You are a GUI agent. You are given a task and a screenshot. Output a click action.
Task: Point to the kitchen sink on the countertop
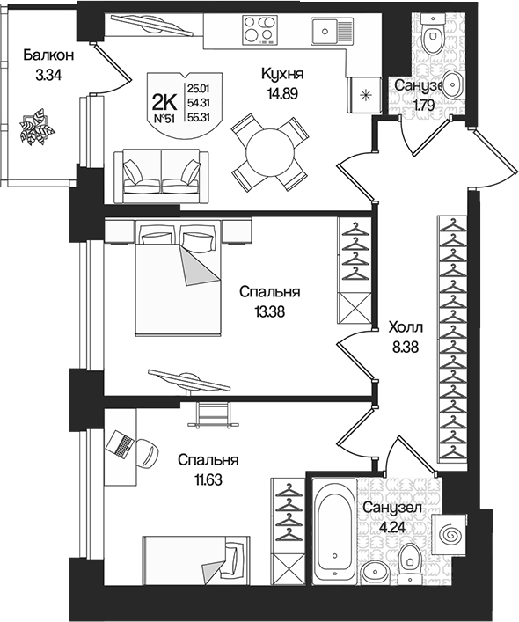(x=327, y=32)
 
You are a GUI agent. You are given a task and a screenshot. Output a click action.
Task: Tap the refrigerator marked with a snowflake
(x=364, y=92)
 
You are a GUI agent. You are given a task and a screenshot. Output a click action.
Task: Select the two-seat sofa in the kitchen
(x=160, y=172)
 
